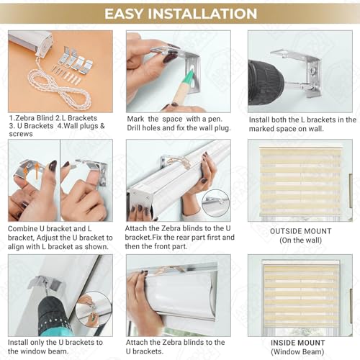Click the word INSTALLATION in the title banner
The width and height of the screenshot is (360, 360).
coord(202,14)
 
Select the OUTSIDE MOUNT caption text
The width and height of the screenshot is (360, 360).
coord(300,231)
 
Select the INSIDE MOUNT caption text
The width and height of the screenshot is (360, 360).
coord(298,343)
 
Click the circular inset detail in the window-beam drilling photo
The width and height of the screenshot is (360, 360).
coord(94,309)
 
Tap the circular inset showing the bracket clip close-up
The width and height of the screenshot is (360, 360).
coord(215,203)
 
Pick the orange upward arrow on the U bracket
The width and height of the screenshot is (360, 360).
coord(37,171)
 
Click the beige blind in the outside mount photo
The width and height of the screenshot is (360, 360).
coord(300,181)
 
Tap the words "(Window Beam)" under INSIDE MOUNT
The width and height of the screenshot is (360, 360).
coord(297,352)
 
